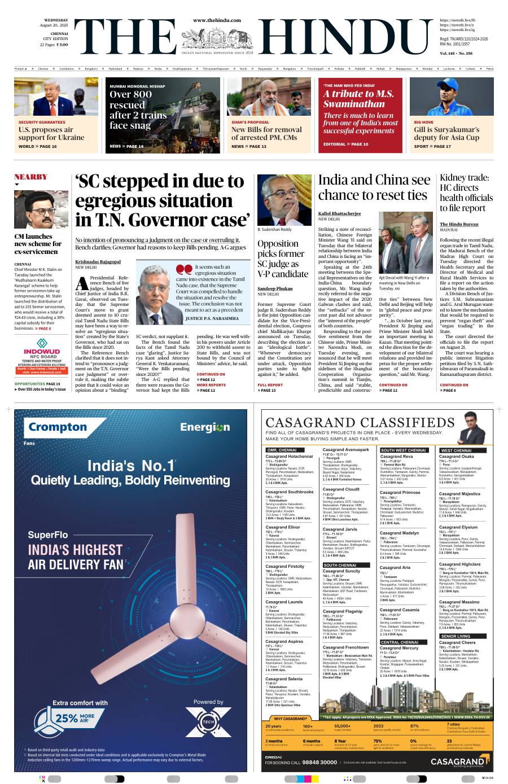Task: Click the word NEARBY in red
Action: pos(31,177)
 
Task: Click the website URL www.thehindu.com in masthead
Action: pos(217,20)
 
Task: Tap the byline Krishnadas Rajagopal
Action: pos(98,261)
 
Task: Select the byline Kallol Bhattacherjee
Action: pos(339,213)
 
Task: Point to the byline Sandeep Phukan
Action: pos(275,288)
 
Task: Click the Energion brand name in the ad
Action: pos(205,427)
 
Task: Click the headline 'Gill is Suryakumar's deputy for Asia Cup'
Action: pos(446,133)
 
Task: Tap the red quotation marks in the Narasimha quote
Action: pos(185,268)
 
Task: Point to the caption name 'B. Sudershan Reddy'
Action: pos(275,230)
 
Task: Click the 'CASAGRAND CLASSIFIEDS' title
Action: pos(368,423)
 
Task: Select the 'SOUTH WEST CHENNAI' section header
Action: pos(404,450)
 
